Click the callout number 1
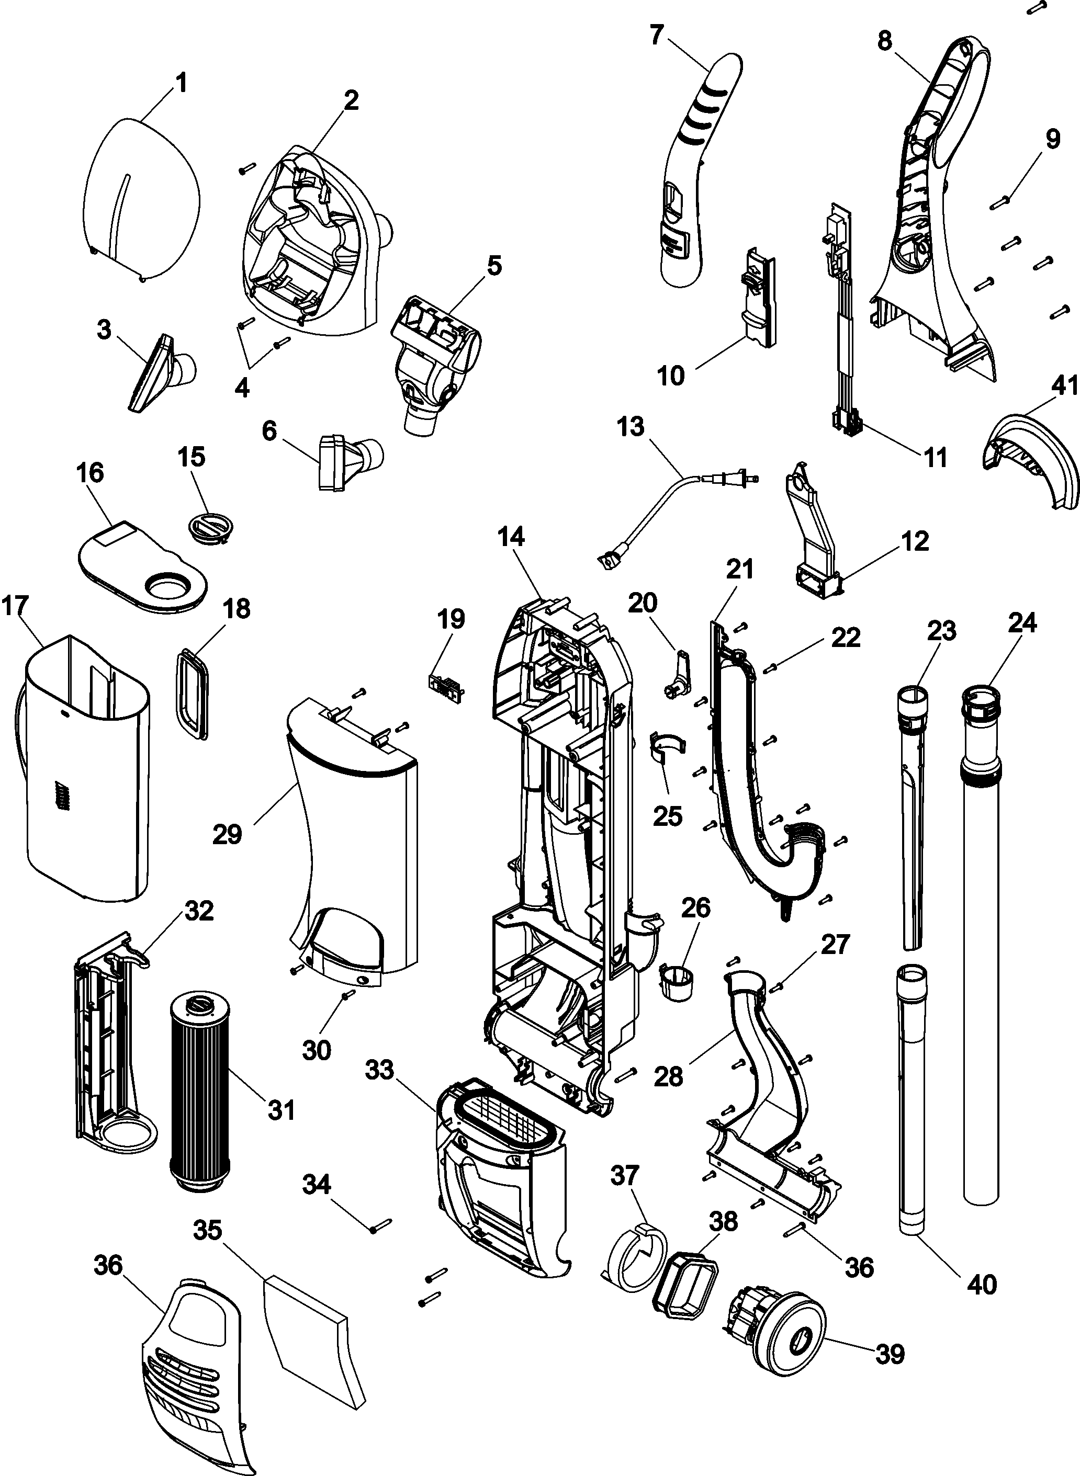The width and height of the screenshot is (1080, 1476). click(181, 84)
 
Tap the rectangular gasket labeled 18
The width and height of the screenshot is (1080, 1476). click(192, 694)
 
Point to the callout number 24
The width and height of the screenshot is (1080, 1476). click(1022, 624)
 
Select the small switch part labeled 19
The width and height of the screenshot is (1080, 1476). click(445, 684)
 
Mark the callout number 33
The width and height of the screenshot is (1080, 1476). click(380, 1070)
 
